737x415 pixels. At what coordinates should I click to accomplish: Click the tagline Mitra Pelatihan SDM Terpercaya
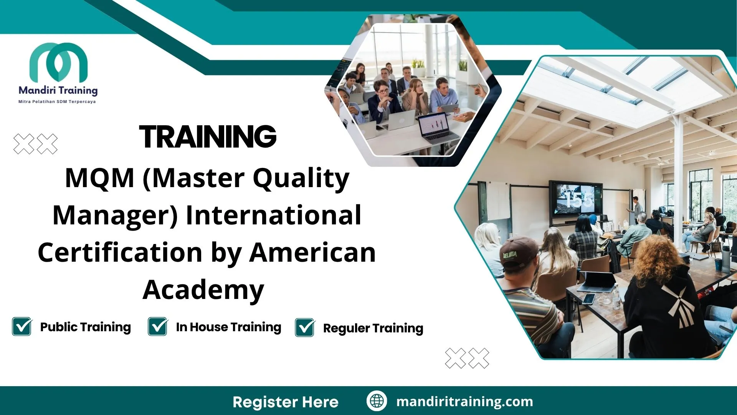[x=57, y=102]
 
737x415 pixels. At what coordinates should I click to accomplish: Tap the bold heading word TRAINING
[x=208, y=137]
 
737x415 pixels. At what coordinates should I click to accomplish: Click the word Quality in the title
[x=301, y=179]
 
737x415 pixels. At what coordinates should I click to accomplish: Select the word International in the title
[x=273, y=215]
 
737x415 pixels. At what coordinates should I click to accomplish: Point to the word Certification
[x=120, y=252]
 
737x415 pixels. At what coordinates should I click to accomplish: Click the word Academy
[x=203, y=290]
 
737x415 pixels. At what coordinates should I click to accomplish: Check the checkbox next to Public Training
[x=22, y=327]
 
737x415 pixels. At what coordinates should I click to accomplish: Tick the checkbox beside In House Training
[x=158, y=327]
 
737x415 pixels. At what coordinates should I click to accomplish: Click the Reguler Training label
[x=373, y=328]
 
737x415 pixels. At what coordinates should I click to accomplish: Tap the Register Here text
[x=286, y=402]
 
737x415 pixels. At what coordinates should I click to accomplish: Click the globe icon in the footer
[x=377, y=401]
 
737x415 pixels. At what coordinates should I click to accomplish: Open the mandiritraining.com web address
[x=464, y=402]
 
